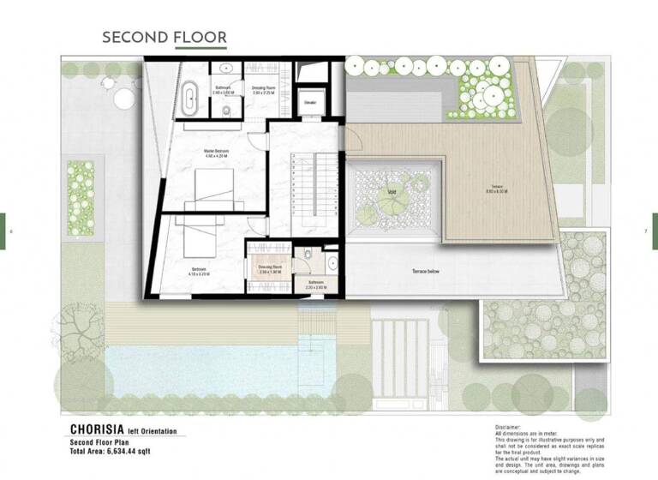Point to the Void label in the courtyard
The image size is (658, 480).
tap(391, 191)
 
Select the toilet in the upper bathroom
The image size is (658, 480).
tap(224, 111)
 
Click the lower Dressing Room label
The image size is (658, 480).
tap(271, 268)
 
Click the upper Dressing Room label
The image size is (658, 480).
tap(262, 88)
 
